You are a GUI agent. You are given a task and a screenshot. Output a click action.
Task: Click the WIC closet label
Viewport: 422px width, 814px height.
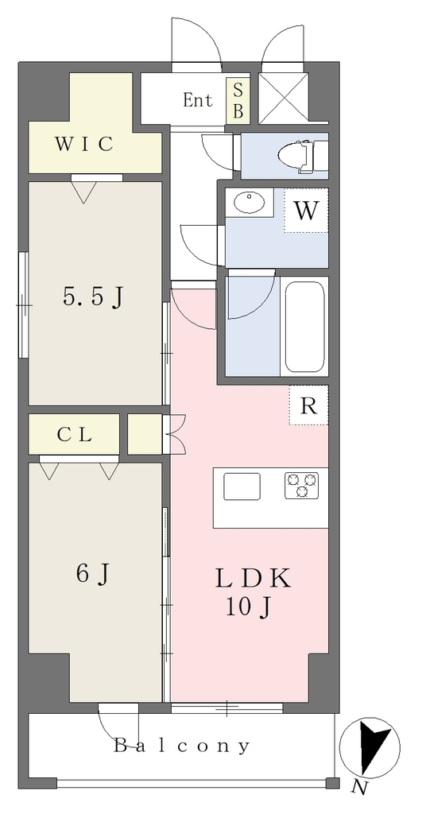83,145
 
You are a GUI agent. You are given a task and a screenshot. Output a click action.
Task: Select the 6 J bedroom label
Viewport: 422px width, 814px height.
93,574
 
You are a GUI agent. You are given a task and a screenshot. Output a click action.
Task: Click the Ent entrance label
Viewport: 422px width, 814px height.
198,99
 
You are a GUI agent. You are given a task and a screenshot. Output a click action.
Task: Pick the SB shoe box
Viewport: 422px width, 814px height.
238,101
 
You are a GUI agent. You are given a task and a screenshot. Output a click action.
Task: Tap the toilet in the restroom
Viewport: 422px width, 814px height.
302,156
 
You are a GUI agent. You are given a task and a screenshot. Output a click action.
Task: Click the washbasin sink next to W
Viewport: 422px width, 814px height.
249,202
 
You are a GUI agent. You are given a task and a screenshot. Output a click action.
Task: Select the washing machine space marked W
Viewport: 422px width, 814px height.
306,210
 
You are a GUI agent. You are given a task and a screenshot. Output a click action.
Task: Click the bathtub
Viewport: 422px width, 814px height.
304,327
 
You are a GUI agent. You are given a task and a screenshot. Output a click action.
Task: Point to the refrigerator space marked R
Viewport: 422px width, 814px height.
309,405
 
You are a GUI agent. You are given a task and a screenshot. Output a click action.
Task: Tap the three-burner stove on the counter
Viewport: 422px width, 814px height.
301,486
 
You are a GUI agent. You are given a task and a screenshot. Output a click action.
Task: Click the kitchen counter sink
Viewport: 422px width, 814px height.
242,486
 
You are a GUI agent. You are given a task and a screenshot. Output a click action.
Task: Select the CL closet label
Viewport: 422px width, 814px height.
75,435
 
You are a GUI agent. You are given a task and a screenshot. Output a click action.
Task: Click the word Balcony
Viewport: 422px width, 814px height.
182,746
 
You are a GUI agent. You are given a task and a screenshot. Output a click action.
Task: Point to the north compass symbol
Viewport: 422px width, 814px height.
370,747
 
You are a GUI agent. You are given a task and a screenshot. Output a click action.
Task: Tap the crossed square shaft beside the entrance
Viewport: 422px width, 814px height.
283,98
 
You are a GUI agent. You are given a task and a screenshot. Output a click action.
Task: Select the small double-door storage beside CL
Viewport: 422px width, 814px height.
145,434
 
